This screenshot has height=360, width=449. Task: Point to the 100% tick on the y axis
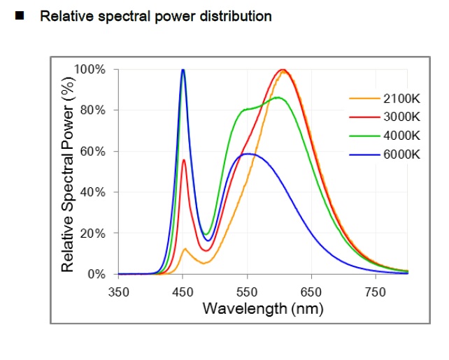coord(91,70)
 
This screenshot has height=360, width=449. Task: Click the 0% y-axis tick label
coord(97,274)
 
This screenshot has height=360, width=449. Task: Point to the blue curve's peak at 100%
coord(183,70)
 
